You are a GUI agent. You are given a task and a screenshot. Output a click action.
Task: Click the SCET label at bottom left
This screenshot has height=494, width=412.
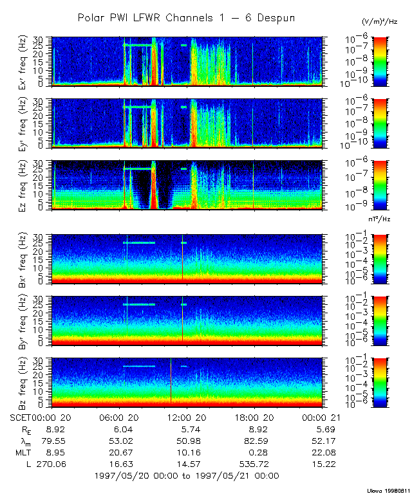point(22,418)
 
